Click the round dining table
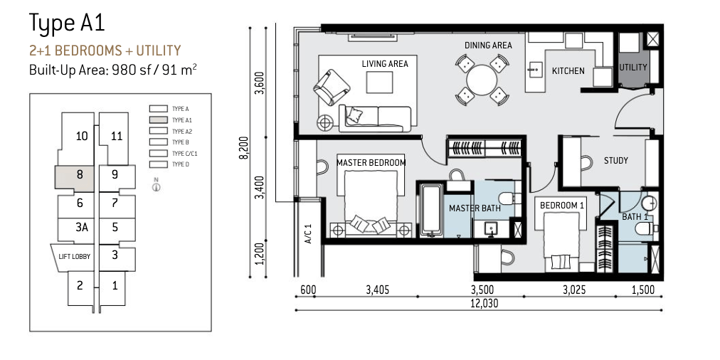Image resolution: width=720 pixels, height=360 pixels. click(x=482, y=80)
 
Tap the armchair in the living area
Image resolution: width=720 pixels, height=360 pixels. click(x=331, y=88)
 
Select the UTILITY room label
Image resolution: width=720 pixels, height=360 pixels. click(x=632, y=67)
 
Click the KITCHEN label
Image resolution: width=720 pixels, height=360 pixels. click(x=568, y=70)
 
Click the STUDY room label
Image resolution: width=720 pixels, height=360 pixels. click(x=615, y=161)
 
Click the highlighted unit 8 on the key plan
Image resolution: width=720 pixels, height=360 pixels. click(x=75, y=177)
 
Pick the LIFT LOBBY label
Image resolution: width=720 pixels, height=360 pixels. click(x=75, y=256)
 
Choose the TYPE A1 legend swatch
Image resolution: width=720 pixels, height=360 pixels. click(x=159, y=120)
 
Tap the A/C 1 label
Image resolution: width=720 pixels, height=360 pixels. click(x=308, y=233)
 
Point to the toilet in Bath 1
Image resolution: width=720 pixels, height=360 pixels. click(x=646, y=228)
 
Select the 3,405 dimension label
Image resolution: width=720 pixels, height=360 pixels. click(x=378, y=290)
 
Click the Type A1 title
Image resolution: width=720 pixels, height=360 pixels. click(x=67, y=23)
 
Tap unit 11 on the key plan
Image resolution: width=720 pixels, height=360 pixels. click(x=117, y=136)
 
